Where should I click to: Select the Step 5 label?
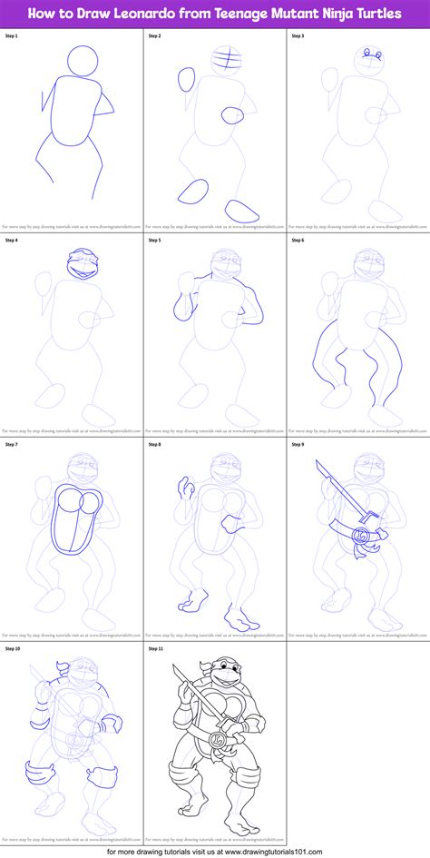pyautogui.click(x=156, y=241)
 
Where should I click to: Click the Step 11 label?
pyautogui.click(x=158, y=649)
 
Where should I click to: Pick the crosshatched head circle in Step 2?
pyautogui.click(x=226, y=63)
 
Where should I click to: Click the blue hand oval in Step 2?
pyautogui.click(x=185, y=79)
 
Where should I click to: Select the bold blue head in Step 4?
pyautogui.click(x=81, y=264)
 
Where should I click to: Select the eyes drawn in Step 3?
pyautogui.click(x=368, y=56)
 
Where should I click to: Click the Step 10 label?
pyautogui.click(x=14, y=649)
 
